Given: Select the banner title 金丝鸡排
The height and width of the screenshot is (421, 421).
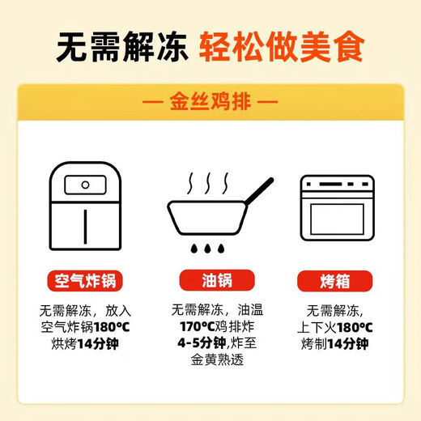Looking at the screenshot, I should pos(210,104).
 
